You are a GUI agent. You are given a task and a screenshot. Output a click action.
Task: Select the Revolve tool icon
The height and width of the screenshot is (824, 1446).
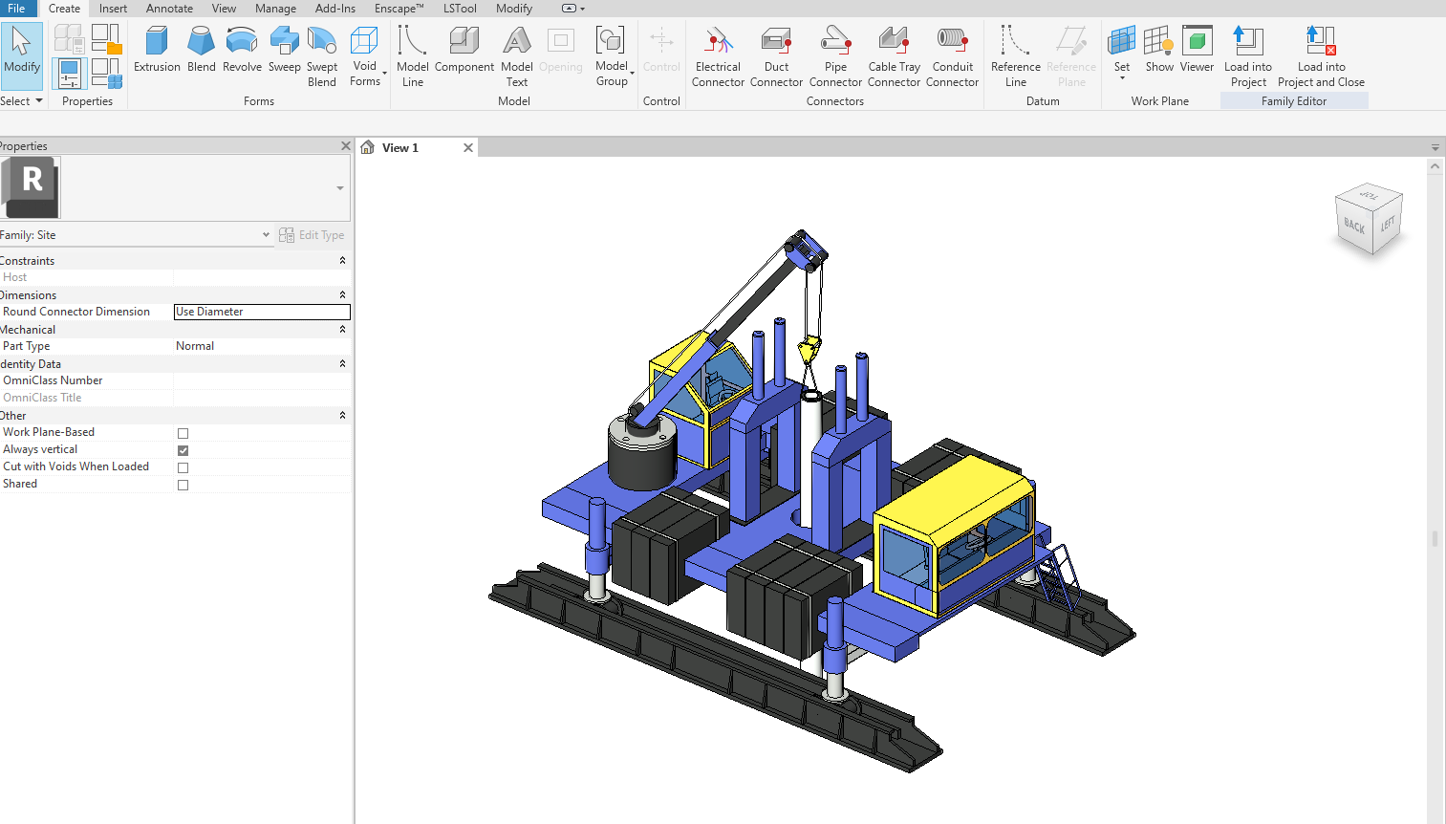242,40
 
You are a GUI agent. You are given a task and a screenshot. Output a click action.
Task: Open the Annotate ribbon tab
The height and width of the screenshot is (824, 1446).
169,9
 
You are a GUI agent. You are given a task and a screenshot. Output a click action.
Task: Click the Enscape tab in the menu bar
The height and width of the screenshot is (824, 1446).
399,9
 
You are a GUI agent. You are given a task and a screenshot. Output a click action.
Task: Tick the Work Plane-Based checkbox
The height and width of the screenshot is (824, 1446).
183,433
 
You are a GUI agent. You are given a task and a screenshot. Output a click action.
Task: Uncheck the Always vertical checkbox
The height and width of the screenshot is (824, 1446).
183,450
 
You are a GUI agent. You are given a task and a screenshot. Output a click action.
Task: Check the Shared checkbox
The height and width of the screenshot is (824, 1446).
183,485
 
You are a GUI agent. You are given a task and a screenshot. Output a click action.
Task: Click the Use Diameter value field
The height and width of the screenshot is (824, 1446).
262,312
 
